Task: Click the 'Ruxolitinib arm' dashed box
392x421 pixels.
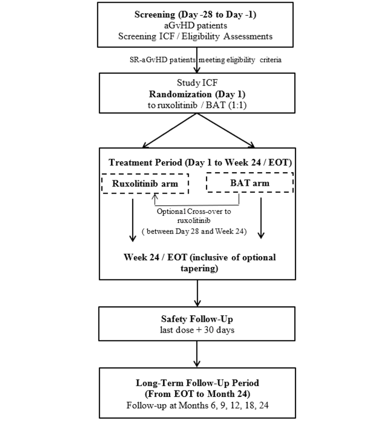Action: click(145, 184)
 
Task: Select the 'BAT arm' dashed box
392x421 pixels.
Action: click(250, 183)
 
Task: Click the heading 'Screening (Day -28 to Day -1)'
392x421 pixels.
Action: click(195, 15)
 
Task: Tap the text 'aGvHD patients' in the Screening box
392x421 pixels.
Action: click(195, 26)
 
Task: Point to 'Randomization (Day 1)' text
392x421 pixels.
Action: click(197, 94)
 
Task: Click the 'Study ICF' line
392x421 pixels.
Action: click(197, 83)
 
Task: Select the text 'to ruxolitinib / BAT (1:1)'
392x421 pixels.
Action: click(197, 105)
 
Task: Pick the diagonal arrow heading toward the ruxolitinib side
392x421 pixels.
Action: click(169, 131)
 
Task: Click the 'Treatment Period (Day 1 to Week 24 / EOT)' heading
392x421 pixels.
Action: click(200, 162)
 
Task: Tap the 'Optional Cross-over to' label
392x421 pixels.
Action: click(194, 212)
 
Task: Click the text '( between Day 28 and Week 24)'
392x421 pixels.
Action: click(194, 231)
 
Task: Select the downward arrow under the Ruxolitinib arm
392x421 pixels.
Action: click(132, 220)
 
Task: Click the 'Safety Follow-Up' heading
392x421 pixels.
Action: click(197, 319)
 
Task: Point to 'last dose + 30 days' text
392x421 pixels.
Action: click(197, 330)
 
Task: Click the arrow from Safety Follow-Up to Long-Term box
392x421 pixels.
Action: click(197, 354)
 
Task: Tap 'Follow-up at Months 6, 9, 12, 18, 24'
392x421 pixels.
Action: click(198, 405)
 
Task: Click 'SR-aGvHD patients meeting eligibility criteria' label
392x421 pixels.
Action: click(205, 60)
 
